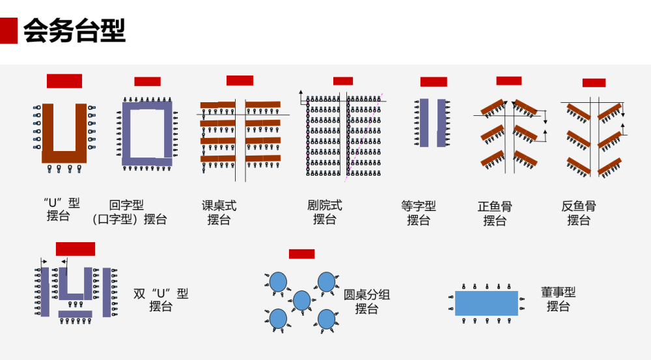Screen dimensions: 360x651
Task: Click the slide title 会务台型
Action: [x=74, y=31]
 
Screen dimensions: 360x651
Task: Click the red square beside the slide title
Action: [x=8, y=31]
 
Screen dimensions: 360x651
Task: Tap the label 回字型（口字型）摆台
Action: [x=129, y=213]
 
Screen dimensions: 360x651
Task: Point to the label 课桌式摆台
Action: [x=219, y=213]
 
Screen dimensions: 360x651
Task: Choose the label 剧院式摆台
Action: [x=324, y=213]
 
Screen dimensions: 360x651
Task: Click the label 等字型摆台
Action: [x=419, y=213]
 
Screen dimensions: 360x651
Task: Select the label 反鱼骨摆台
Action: [x=578, y=213]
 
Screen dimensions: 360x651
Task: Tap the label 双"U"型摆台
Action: [x=161, y=299]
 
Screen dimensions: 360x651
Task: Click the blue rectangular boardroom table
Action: [x=486, y=303]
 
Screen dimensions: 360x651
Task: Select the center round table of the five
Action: [x=301, y=300]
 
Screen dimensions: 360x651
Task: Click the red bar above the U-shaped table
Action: [x=64, y=81]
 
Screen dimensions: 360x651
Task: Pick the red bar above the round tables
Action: [x=301, y=254]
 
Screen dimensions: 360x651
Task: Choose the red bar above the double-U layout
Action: [x=76, y=249]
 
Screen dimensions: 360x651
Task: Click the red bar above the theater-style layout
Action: [x=343, y=81]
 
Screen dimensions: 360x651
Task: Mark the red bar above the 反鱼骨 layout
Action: [x=594, y=83]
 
